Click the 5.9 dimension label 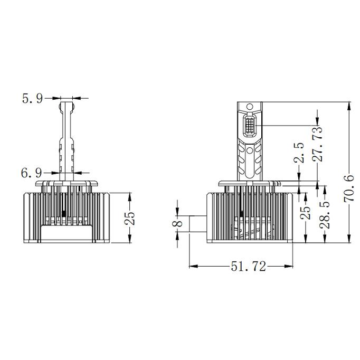(x=32, y=98)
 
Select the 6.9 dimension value (x=32, y=173)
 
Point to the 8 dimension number (x=178, y=224)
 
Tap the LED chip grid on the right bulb (x=250, y=127)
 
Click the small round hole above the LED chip (x=250, y=109)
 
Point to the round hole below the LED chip (x=250, y=150)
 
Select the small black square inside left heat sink (x=64, y=214)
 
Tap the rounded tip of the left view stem (x=67, y=105)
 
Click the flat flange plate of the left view (x=67, y=183)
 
